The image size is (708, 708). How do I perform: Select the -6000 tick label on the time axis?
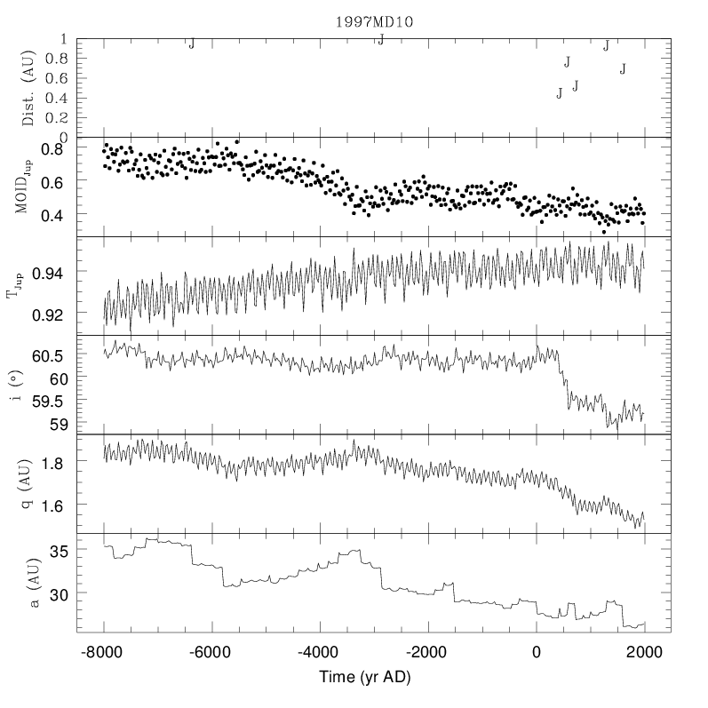pos(209,651)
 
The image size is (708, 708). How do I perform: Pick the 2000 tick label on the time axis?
pos(644,651)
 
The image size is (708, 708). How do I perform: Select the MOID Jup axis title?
pos(29,187)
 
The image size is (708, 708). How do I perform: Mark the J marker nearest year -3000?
pos(380,39)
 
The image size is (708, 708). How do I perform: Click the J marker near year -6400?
pos(191,44)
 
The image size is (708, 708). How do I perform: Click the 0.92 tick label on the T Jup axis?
pos(54,314)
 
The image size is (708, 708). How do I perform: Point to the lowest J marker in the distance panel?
pos(559,93)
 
